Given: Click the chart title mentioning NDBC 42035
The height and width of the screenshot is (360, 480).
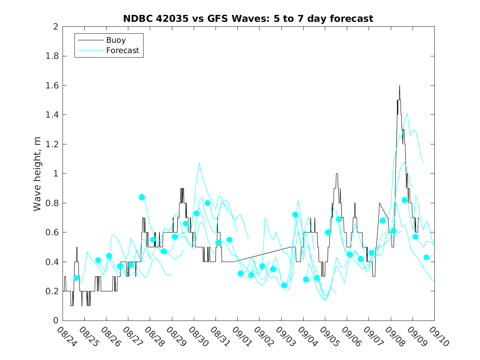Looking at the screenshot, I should [248, 19].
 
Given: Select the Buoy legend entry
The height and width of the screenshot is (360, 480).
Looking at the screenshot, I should [116, 40].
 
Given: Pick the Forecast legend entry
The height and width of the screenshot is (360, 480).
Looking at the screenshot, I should [122, 51].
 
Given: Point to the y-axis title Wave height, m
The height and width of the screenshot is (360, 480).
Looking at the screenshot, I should [37, 173].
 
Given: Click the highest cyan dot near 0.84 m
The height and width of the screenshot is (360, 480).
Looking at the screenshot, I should [142, 197].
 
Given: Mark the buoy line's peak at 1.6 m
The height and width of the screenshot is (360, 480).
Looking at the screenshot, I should [399, 86].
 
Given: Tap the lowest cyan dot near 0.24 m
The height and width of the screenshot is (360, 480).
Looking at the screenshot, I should [284, 285].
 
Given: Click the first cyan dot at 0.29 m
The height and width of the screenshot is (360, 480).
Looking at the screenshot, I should [77, 278].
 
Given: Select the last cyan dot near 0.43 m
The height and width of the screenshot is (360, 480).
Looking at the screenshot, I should [427, 257].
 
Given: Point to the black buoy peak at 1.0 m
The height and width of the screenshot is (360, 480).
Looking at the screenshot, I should [336, 174].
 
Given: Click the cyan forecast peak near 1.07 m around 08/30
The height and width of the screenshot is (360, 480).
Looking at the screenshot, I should [199, 163].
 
